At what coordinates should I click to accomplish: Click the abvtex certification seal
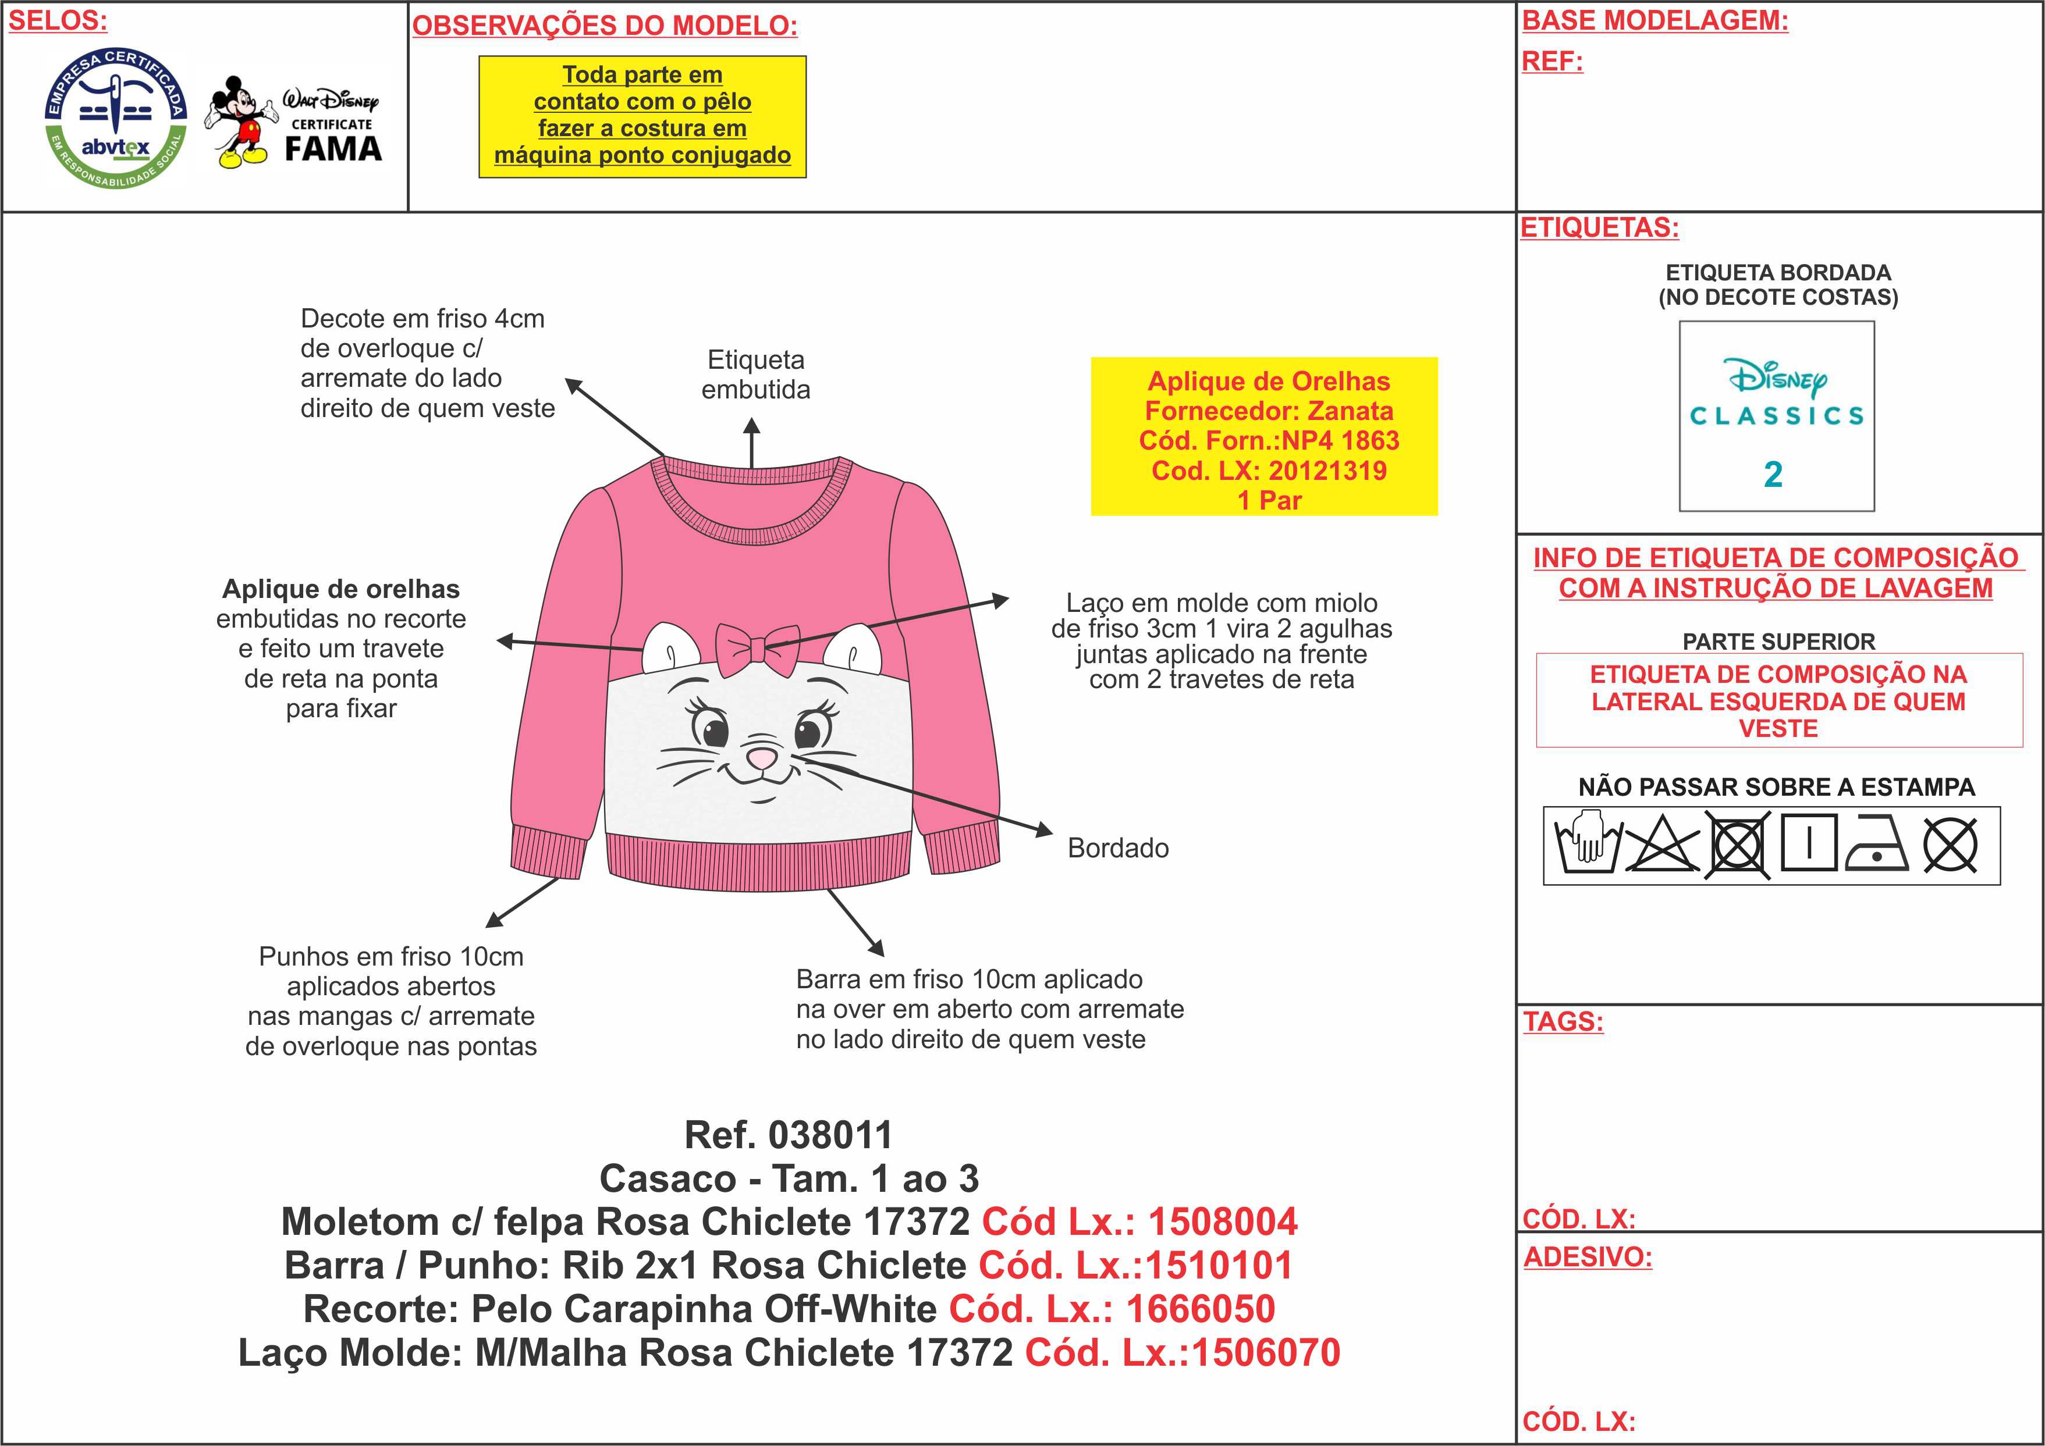tap(116, 117)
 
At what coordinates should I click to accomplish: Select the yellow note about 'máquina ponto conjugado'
tap(642, 117)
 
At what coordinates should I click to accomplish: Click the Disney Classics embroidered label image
tap(1776, 416)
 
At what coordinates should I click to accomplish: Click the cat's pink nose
tap(762, 758)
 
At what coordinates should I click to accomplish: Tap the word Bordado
tap(1118, 847)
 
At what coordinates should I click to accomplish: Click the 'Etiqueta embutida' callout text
tap(755, 375)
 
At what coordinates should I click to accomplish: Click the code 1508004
tap(1222, 1221)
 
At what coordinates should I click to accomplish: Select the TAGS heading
tap(1563, 1021)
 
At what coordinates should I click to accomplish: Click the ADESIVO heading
tap(1587, 1256)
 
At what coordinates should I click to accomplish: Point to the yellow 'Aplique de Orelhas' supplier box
tap(1264, 436)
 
